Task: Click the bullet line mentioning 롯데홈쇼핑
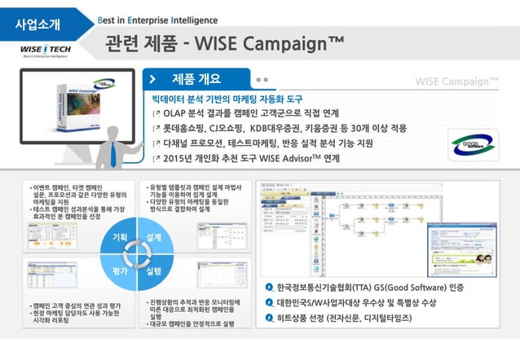(x=273, y=128)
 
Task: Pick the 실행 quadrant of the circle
(x=152, y=270)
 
